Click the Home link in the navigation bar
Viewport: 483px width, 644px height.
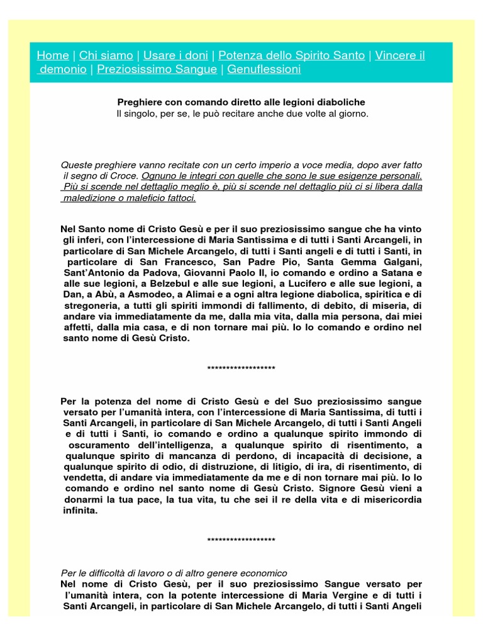point(52,55)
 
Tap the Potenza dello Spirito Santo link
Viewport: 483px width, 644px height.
point(291,55)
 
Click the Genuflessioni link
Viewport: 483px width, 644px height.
point(264,69)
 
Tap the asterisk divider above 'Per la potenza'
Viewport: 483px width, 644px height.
point(241,368)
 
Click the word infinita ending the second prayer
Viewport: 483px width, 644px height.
point(80,511)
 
